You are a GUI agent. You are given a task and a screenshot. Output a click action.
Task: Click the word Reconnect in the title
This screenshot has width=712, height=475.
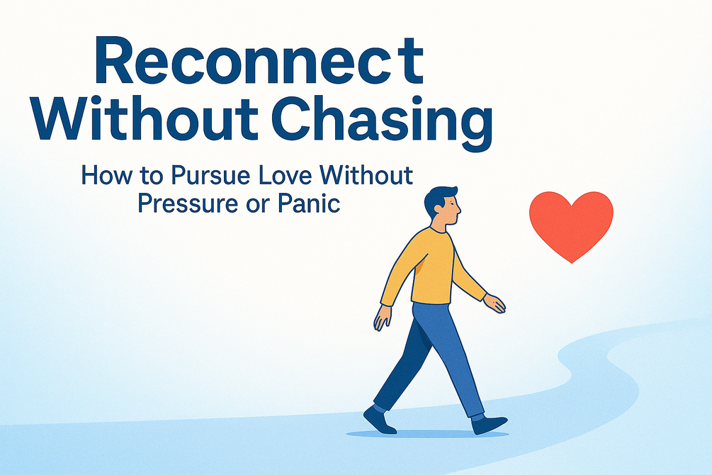point(259,61)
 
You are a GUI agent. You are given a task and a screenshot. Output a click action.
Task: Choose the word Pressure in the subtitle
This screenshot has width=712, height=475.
point(188,203)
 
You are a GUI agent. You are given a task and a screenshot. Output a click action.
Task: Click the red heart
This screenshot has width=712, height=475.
point(571,225)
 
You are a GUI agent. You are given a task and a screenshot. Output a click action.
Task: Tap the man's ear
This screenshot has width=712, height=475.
point(438,210)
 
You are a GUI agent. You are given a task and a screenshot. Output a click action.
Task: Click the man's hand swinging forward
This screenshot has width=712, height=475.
point(495,303)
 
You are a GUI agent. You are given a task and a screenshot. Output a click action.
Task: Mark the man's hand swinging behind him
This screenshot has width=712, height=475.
point(382,318)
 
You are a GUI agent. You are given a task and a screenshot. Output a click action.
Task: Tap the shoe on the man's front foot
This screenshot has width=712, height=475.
point(489,424)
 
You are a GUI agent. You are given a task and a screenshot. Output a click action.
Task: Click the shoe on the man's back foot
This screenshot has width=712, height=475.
point(379,420)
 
